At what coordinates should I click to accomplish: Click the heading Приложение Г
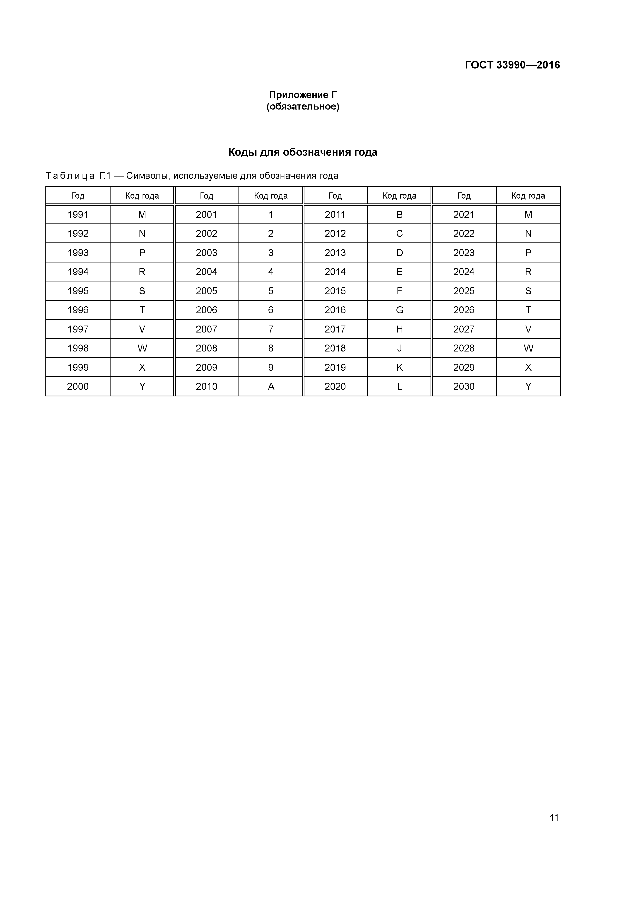[303, 95]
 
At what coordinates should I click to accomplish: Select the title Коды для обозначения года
[303, 152]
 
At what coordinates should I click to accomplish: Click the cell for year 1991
[78, 215]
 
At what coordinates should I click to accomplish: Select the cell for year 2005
[206, 291]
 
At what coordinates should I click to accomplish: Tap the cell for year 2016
[335, 310]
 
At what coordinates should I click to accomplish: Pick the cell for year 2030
[464, 386]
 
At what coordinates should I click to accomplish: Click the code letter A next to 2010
[271, 386]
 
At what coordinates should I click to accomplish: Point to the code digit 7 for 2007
[271, 329]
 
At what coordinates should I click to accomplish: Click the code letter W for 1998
[142, 348]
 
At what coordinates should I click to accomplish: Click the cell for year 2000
[78, 386]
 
